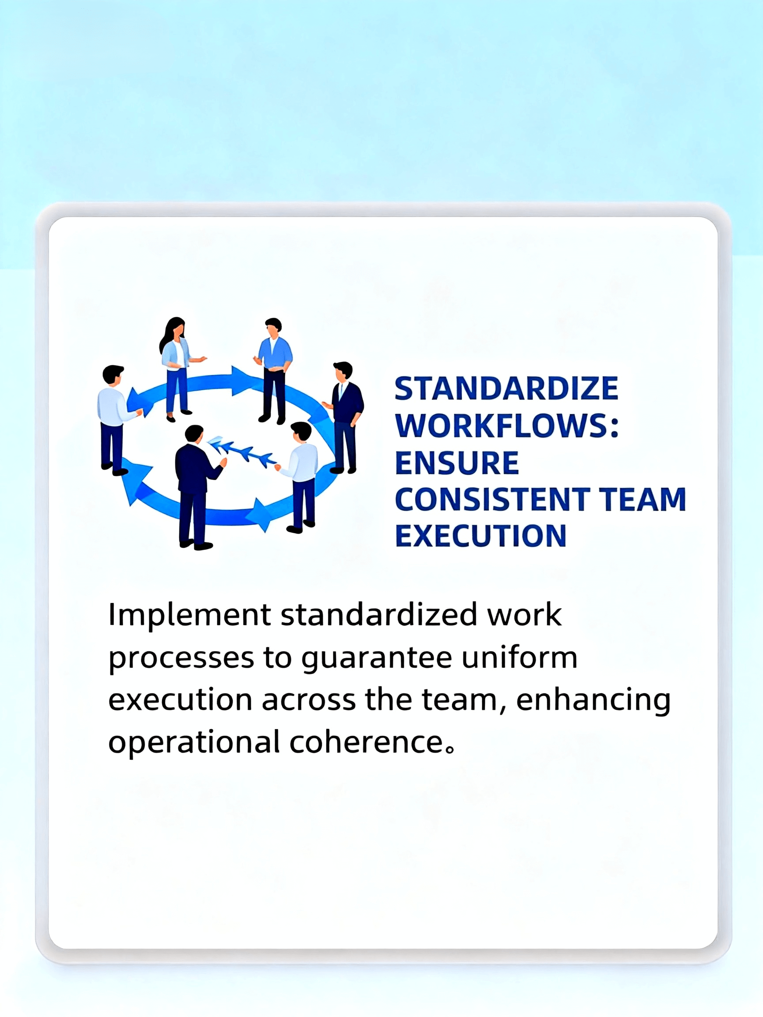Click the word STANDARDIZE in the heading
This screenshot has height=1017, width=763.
pyautogui.click(x=506, y=389)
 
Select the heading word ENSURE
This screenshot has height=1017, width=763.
pyautogui.click(x=457, y=463)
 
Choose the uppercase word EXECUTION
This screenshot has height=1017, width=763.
pyautogui.click(x=480, y=536)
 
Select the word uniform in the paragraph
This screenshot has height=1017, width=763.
pyautogui.click(x=520, y=657)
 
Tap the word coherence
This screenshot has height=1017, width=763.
pyautogui.click(x=366, y=742)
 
